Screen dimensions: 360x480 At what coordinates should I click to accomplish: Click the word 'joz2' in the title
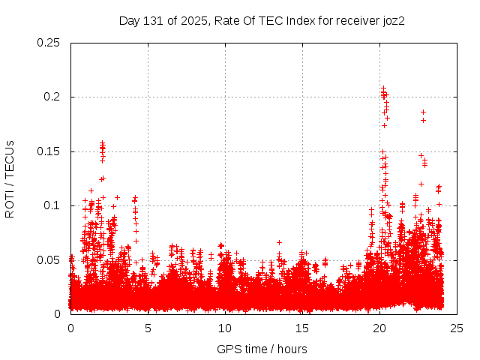click(392, 21)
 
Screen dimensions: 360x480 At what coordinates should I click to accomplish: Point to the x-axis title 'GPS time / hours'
click(262, 349)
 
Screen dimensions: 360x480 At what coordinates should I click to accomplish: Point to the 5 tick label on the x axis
click(148, 328)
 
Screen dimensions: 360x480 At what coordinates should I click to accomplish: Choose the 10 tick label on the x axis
click(226, 328)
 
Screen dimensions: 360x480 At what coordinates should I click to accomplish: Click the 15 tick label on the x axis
click(303, 328)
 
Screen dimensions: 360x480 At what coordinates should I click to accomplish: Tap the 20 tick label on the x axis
click(380, 328)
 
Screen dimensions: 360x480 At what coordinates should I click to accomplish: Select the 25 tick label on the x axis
click(457, 328)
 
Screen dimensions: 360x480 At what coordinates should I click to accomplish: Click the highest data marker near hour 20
click(383, 88)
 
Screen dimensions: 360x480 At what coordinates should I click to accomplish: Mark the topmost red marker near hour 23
click(423, 112)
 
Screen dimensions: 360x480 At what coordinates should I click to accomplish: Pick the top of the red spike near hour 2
click(102, 142)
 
